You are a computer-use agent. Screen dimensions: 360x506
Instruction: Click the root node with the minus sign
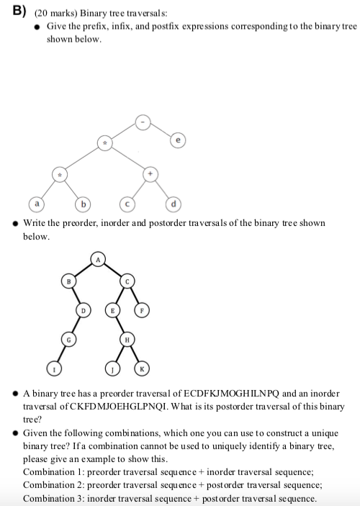pos(143,122)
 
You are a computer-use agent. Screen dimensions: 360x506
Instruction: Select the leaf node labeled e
pos(176,140)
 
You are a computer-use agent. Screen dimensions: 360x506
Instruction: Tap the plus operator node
pos(150,174)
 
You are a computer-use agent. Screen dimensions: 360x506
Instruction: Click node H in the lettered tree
pos(127,339)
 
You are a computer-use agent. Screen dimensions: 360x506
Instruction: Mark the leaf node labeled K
pos(142,369)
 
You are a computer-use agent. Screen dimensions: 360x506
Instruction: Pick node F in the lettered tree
pos(143,310)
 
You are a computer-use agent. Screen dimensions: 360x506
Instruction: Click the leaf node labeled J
pos(112,369)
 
